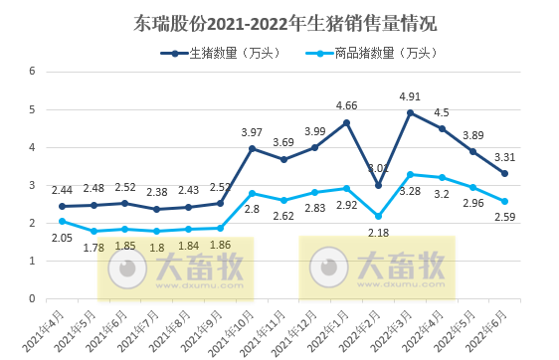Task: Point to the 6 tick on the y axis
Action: click(33, 72)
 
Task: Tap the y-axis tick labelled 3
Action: click(33, 185)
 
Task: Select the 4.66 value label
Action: click(347, 105)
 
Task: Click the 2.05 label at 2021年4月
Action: click(62, 239)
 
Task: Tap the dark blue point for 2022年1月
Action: click(347, 122)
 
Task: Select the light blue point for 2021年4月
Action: click(62, 221)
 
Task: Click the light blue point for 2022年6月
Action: click(505, 201)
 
